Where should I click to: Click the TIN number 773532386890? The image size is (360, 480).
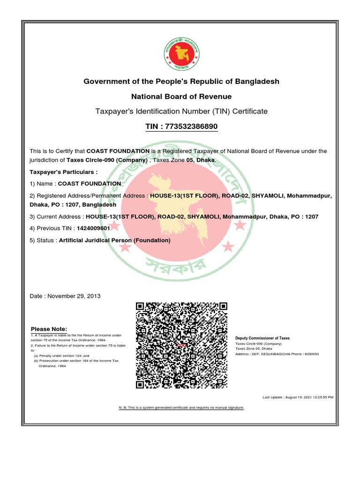(x=192, y=127)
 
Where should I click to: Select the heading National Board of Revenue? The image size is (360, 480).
(x=181, y=97)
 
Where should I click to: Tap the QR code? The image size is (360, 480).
(x=181, y=346)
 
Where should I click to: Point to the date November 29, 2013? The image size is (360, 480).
(x=74, y=296)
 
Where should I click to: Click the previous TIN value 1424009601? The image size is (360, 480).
(x=93, y=229)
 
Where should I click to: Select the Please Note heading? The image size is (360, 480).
(x=49, y=329)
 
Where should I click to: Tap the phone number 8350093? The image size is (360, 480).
(x=311, y=354)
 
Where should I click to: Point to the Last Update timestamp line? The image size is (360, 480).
(x=298, y=397)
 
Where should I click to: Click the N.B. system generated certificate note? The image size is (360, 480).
(x=181, y=408)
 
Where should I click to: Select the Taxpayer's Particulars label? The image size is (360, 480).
(x=64, y=172)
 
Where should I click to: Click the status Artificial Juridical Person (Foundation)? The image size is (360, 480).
(x=115, y=240)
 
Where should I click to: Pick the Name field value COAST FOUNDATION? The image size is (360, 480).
(x=89, y=183)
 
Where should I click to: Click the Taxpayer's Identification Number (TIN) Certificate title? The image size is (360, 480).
(x=181, y=112)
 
